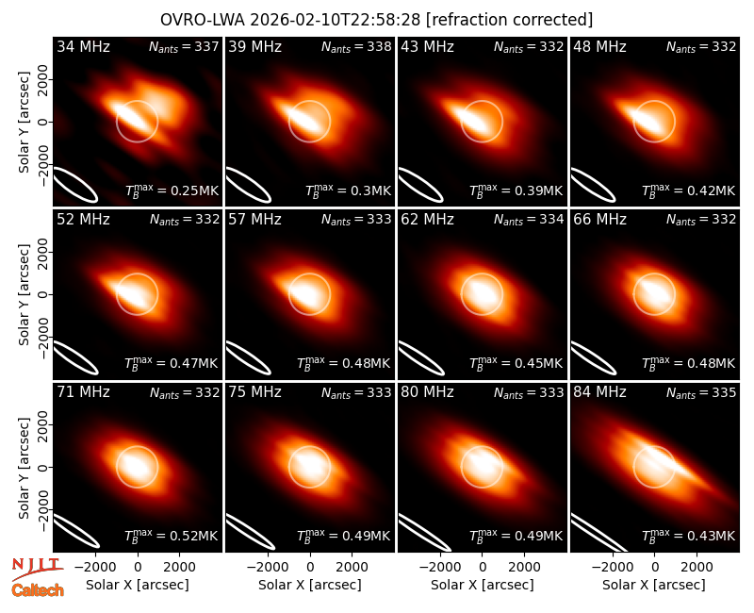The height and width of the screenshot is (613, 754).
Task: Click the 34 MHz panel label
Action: click(83, 46)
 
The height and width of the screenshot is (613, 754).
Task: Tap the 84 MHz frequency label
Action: click(599, 392)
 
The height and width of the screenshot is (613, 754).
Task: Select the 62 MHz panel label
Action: click(427, 220)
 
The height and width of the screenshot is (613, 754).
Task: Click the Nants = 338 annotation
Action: click(356, 46)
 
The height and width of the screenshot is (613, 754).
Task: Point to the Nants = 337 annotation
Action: click(184, 46)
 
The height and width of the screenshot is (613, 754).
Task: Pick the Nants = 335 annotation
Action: click(701, 392)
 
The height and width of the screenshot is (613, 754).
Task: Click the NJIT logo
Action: click(37, 568)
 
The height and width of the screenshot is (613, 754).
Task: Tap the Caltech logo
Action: click(38, 590)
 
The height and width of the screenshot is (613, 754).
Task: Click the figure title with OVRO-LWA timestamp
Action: click(376, 20)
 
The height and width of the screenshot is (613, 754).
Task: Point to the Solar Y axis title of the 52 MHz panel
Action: click(24, 294)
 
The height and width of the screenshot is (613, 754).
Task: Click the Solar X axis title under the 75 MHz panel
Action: click(310, 585)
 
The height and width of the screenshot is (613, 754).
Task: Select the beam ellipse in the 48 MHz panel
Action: click(593, 184)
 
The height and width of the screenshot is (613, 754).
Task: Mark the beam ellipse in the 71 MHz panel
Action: click(75, 530)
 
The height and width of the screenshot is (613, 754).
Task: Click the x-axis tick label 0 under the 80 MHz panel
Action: click(482, 568)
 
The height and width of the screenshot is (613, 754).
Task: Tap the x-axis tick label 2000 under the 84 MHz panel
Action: click(697, 568)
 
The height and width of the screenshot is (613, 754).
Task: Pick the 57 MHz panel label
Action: click(254, 220)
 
